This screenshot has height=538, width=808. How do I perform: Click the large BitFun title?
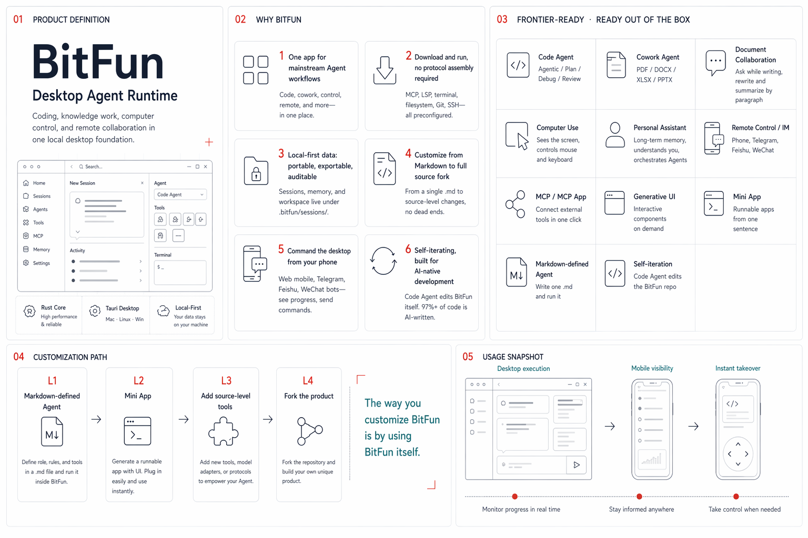(98, 61)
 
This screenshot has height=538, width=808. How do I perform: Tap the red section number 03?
(502, 19)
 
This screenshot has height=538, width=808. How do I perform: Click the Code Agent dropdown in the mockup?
(180, 194)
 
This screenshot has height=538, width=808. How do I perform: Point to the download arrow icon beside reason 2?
(385, 70)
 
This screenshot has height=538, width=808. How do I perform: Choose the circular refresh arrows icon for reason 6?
(383, 261)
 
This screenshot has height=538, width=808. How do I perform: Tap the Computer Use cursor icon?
(517, 136)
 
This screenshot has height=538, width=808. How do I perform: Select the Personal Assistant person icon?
(615, 135)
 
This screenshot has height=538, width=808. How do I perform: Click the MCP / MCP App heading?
(561, 196)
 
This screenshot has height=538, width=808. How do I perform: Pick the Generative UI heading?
(654, 196)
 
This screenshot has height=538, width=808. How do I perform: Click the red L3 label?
(226, 380)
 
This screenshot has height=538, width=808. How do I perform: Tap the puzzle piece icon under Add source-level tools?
(223, 431)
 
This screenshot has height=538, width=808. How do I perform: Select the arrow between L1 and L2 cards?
(96, 419)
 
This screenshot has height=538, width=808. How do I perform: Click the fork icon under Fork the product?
(309, 431)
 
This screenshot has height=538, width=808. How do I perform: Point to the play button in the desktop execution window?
(577, 465)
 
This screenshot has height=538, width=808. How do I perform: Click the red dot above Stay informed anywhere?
(639, 496)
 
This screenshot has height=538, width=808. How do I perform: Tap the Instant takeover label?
(738, 368)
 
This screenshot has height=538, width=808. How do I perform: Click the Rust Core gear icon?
(29, 311)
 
